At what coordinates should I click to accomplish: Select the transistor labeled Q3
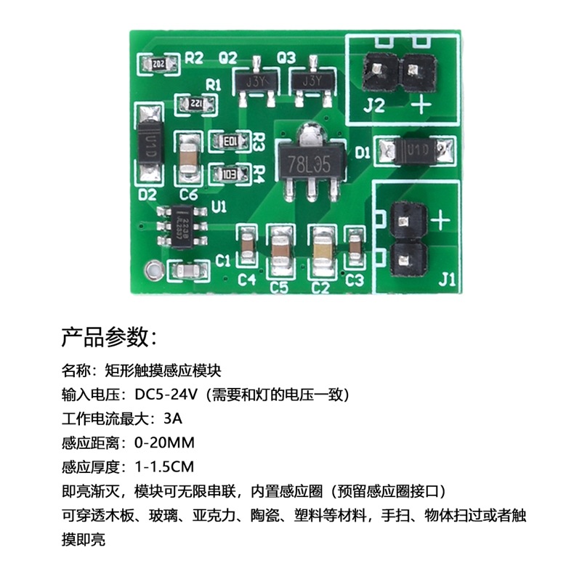pyautogui.click(x=311, y=80)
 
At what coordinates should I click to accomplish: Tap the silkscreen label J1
pyautogui.click(x=448, y=278)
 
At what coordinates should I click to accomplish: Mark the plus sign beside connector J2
pyautogui.click(x=421, y=107)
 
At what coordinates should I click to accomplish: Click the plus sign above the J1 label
pyautogui.click(x=442, y=219)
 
